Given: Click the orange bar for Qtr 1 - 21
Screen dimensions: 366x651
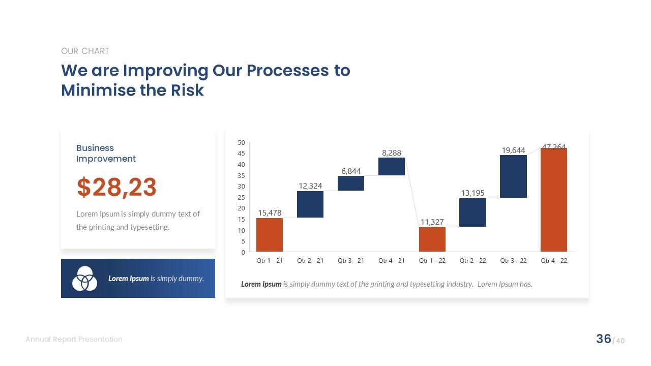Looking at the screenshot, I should pos(269,235).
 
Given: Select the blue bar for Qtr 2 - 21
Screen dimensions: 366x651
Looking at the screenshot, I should pos(310,204).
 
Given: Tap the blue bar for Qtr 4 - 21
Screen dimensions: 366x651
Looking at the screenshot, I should pos(391,166).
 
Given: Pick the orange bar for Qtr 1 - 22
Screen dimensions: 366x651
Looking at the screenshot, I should pos(432,239).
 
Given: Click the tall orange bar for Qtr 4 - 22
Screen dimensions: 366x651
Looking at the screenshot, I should pos(553,200).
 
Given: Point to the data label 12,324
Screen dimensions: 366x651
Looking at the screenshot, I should pos(310,186).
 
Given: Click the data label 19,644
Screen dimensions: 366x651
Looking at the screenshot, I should pos(513,150).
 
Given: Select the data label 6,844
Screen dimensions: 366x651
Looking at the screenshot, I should pos(351,171).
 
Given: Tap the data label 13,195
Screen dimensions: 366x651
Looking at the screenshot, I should pos(472,193).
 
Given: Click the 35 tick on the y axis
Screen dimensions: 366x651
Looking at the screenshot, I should pos(241,175).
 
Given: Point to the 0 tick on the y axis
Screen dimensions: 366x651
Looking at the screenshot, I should pos(243,252).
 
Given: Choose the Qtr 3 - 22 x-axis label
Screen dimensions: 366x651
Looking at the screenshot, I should pos(513,260).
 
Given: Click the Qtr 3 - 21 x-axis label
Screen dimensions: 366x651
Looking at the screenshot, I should pos(351,260).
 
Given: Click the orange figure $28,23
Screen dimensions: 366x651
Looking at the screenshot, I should pos(116,187).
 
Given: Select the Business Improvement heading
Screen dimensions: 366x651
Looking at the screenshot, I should pos(106,153).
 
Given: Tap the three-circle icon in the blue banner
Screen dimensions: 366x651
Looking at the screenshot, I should pos(84,279).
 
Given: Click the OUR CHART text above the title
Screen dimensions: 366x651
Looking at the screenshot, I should pos(85,51).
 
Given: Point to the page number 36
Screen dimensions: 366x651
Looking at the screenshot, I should pos(603,339).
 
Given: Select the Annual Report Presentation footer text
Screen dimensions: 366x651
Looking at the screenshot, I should pos(74,339).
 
